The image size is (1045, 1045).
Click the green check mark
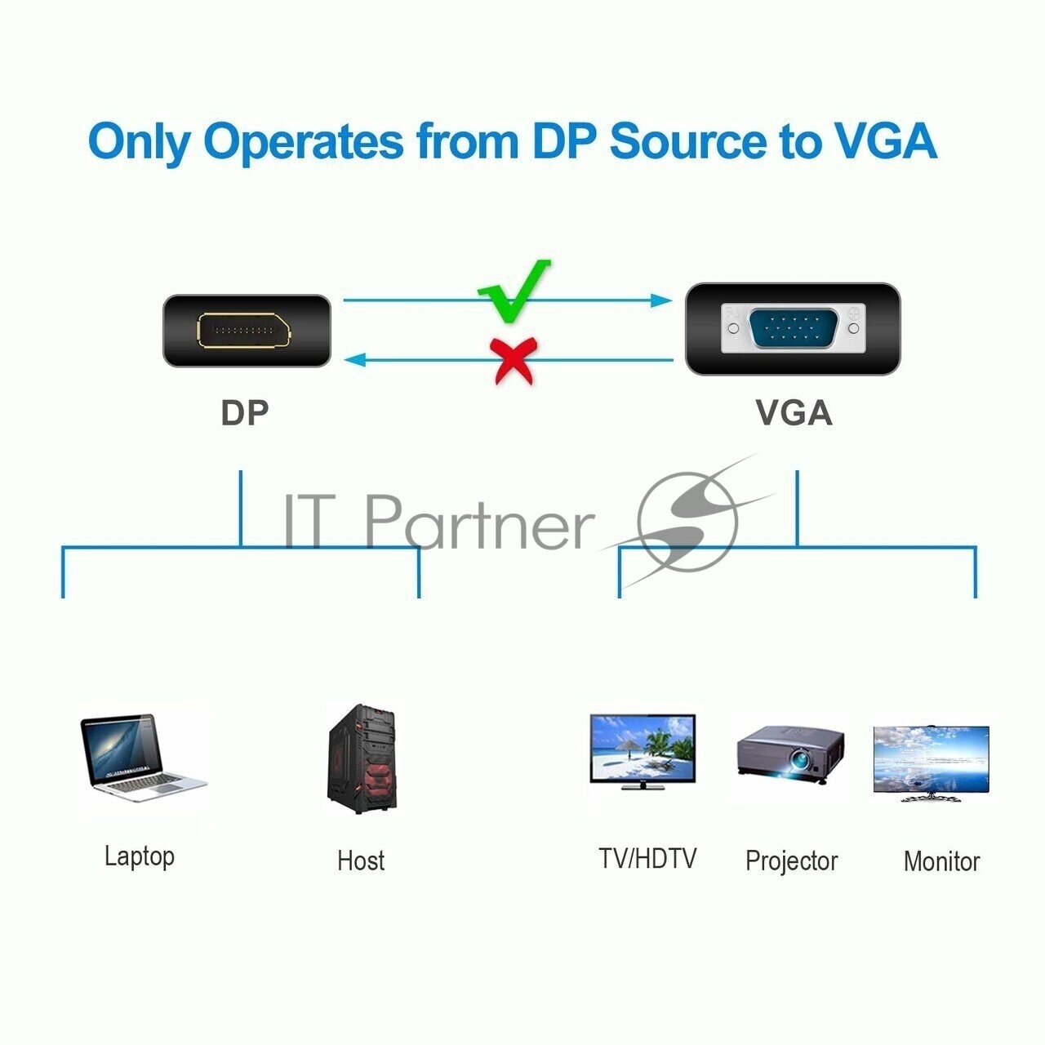click(x=513, y=291)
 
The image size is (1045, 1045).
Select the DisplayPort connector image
click(x=247, y=331)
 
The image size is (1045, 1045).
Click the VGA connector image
click(x=792, y=329)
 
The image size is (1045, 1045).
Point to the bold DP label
click(x=244, y=413)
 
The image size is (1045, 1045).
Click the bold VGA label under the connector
click(x=794, y=412)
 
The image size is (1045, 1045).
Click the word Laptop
click(x=140, y=856)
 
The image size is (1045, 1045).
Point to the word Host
click(x=361, y=860)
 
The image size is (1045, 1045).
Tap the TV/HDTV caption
click(x=647, y=859)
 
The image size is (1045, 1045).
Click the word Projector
click(x=791, y=861)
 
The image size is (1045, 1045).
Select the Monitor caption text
click(x=941, y=861)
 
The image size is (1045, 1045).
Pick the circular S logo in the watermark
click(x=686, y=520)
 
